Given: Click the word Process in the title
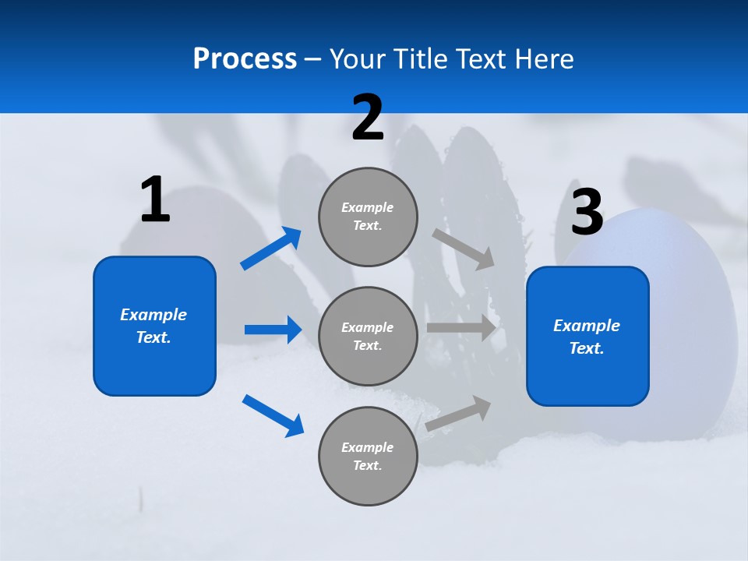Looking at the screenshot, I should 245,59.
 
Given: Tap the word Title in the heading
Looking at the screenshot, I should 421,59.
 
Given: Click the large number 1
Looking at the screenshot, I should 155,200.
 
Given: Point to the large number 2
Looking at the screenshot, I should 368,118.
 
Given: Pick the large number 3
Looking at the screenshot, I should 587,213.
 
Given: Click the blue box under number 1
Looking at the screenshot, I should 154,326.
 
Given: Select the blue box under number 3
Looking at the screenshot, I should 587,337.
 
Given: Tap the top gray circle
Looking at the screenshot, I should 368,217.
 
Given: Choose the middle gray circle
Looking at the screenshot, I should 368,336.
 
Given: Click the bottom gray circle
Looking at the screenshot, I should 368,456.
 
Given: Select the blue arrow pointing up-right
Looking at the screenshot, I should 271,249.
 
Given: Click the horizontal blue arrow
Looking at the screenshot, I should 273,330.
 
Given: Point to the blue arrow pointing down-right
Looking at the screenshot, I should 273,415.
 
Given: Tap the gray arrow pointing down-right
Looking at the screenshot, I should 464,249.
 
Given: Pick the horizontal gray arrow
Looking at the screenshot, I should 461,328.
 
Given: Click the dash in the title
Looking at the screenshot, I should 312,59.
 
